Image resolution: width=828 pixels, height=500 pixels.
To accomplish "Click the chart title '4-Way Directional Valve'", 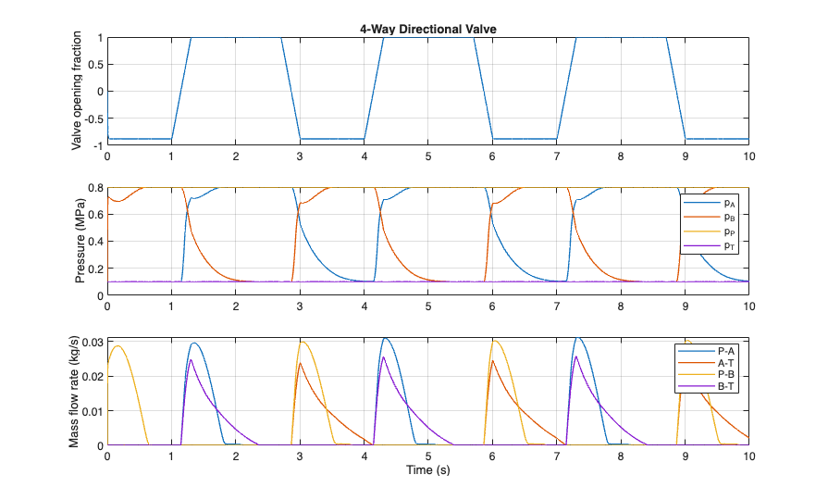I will click(x=427, y=29).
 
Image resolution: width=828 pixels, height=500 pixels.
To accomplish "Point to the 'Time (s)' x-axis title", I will click(x=427, y=469).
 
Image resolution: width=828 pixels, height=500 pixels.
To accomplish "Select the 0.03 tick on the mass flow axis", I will click(x=93, y=343).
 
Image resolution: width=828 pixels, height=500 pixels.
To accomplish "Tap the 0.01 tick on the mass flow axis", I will click(x=93, y=411).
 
